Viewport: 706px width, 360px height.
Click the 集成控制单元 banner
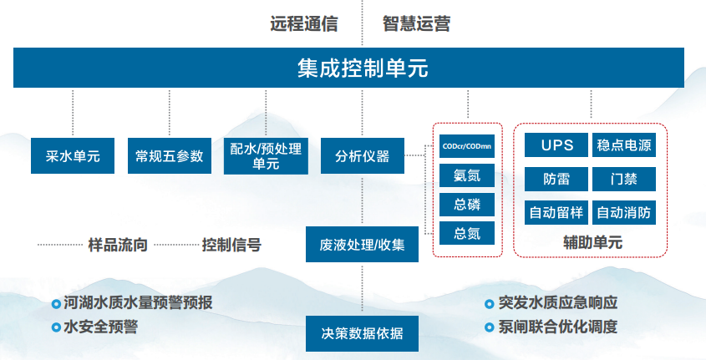[x=348, y=68]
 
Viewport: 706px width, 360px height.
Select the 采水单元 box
[x=73, y=155]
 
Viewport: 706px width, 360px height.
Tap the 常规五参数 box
[x=170, y=155]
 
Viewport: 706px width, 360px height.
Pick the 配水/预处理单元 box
[x=266, y=155]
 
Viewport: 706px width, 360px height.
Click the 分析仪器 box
[x=363, y=155]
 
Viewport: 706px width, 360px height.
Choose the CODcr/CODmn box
[x=467, y=146]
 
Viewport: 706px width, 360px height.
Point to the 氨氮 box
[x=467, y=175]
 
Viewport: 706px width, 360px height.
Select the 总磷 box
[x=467, y=205]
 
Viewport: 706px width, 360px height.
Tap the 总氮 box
[x=467, y=233]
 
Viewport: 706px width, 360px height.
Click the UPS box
[x=556, y=145]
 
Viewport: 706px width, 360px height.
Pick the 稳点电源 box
[x=623, y=145]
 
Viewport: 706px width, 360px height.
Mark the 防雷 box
[x=556, y=179]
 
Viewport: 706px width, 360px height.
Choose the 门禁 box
[x=623, y=179]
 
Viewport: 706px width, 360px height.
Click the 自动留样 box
[x=556, y=212]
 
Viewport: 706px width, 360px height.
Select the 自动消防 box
[x=623, y=212]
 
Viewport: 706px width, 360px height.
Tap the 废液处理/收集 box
[x=362, y=245]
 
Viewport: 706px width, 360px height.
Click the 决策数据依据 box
[x=362, y=333]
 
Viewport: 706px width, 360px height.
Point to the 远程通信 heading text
[x=304, y=24]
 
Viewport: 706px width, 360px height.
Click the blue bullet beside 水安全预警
[x=56, y=327]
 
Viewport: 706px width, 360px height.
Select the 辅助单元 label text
[x=592, y=242]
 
